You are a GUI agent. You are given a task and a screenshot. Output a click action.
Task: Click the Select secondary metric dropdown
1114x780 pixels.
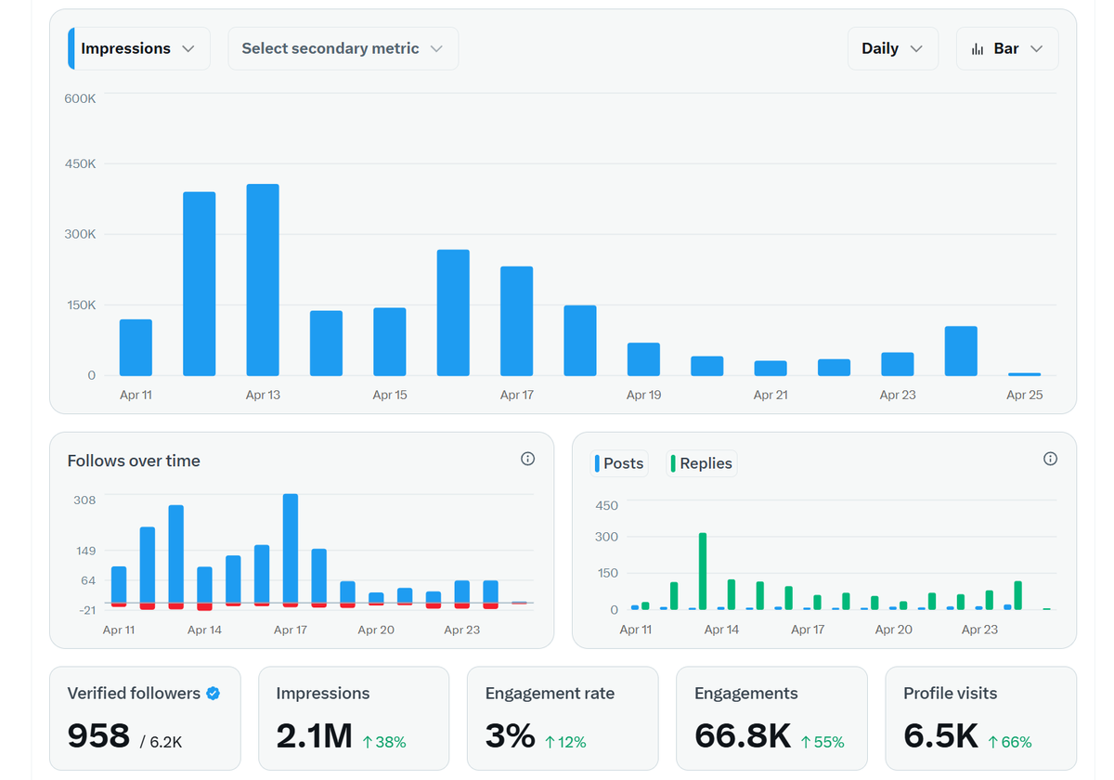click(x=343, y=48)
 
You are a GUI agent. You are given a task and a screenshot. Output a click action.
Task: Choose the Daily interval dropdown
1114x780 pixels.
click(x=892, y=48)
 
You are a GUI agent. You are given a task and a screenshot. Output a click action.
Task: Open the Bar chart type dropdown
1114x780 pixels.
click(x=1006, y=48)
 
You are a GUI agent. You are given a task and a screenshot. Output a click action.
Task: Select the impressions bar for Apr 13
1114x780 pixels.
click(x=263, y=279)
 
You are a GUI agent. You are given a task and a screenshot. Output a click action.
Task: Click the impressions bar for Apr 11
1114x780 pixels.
click(x=136, y=347)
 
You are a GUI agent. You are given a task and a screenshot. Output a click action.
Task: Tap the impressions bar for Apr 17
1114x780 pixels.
click(x=516, y=320)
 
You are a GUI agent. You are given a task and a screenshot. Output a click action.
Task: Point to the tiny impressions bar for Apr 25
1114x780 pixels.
click(x=1024, y=373)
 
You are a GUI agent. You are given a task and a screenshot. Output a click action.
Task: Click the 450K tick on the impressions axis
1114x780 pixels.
click(x=80, y=164)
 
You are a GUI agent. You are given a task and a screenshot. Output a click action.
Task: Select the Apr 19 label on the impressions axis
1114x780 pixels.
click(x=643, y=395)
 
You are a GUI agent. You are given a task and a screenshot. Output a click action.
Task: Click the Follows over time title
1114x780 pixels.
click(x=134, y=461)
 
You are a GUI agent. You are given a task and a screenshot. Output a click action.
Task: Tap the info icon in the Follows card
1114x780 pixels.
click(x=527, y=459)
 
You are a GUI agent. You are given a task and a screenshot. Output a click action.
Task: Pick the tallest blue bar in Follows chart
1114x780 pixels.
click(x=291, y=548)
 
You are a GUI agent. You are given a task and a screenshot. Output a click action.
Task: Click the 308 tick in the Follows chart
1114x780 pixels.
click(x=84, y=500)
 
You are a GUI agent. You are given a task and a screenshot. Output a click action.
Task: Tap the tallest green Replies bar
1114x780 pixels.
click(x=703, y=571)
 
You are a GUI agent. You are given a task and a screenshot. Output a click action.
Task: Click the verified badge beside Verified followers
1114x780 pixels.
click(x=214, y=693)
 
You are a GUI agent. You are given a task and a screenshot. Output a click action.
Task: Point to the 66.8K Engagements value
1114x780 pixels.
click(x=742, y=735)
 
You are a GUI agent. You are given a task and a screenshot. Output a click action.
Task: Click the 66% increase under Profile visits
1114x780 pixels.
click(x=1010, y=742)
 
